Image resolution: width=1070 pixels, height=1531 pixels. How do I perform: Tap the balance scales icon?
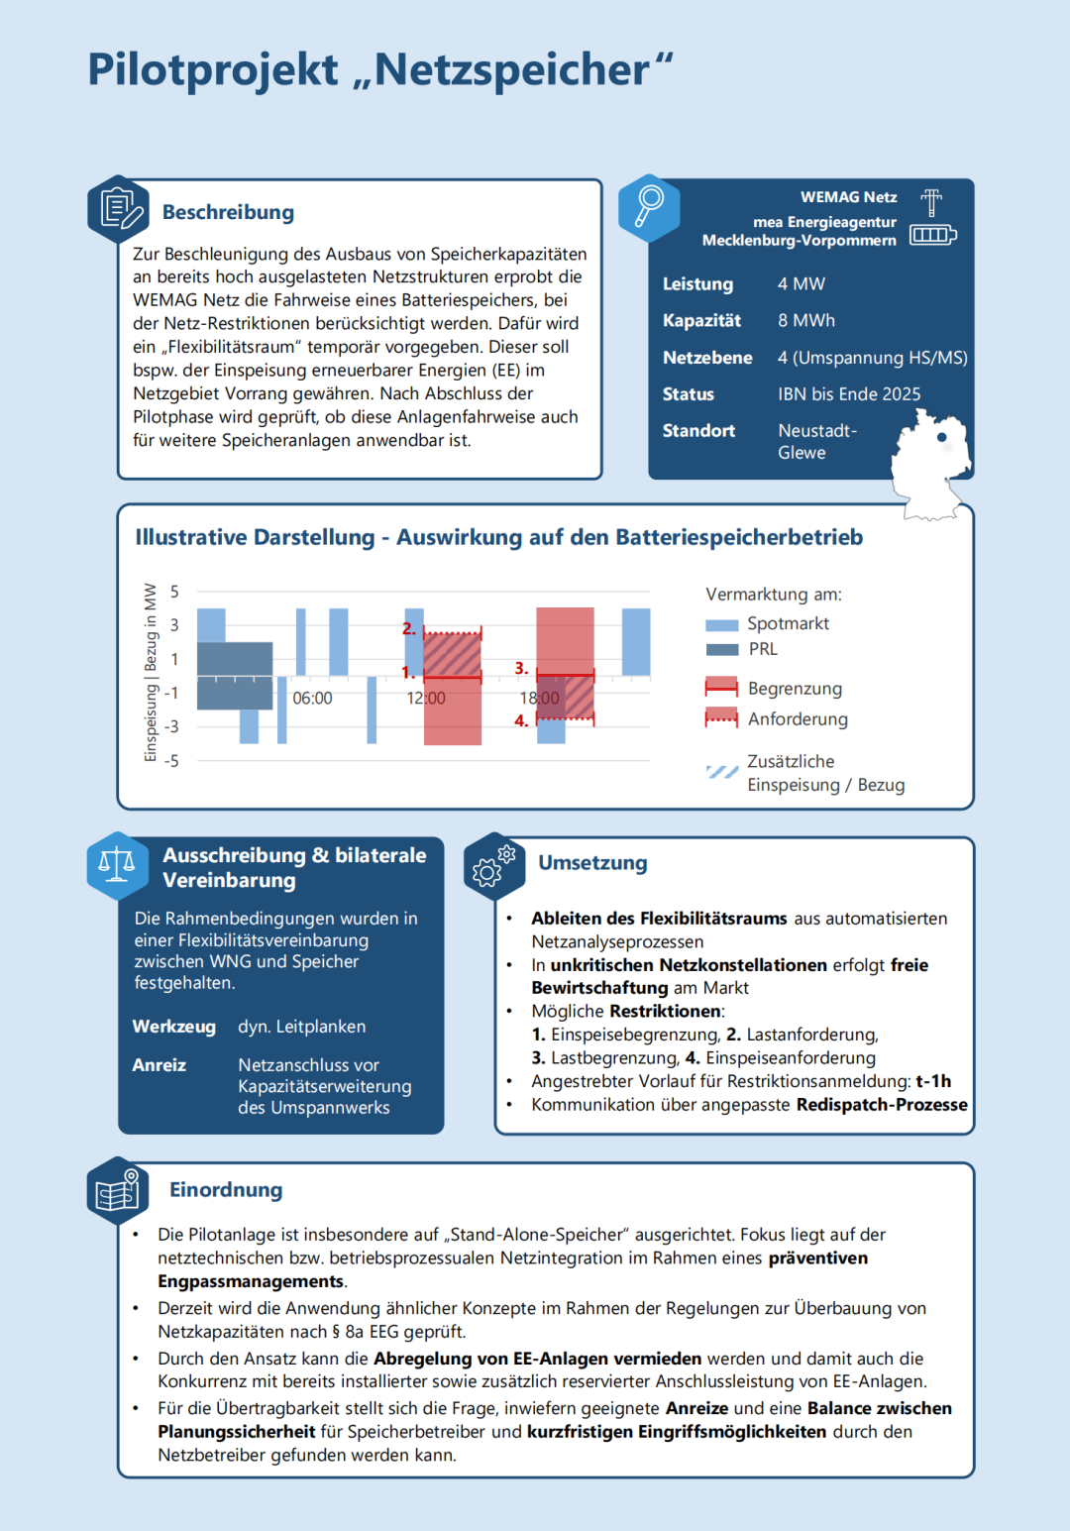(x=117, y=864)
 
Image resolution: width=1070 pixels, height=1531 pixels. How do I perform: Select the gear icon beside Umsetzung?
(x=493, y=865)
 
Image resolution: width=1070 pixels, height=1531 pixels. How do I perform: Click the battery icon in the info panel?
(x=932, y=235)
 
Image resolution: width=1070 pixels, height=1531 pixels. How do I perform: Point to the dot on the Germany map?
(x=941, y=437)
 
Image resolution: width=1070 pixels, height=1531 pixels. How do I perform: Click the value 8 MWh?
(x=805, y=321)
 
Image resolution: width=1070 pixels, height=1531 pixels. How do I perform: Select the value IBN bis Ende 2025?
(x=849, y=394)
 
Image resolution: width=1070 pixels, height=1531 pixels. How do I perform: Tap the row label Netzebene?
(x=707, y=358)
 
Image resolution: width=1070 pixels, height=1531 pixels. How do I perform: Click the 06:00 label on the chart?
(x=312, y=699)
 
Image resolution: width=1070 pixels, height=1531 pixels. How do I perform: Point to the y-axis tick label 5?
(x=174, y=592)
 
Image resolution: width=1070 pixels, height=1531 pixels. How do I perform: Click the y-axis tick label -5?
(x=171, y=761)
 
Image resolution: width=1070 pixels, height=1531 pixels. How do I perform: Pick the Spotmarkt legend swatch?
(x=721, y=625)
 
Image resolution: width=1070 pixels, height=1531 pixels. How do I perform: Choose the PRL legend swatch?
(x=721, y=650)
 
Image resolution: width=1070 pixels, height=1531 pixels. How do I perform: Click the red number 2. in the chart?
(x=409, y=628)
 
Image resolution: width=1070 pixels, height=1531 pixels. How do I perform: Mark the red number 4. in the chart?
(x=521, y=721)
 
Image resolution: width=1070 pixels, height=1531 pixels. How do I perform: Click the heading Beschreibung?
(x=228, y=212)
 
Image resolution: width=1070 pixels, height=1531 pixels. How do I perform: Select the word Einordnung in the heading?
(x=226, y=1190)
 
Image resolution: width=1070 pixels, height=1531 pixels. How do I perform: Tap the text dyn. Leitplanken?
(x=301, y=1027)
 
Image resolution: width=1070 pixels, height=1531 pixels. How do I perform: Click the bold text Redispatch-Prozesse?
(x=882, y=1105)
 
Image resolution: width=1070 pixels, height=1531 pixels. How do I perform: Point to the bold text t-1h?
(x=933, y=1081)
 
